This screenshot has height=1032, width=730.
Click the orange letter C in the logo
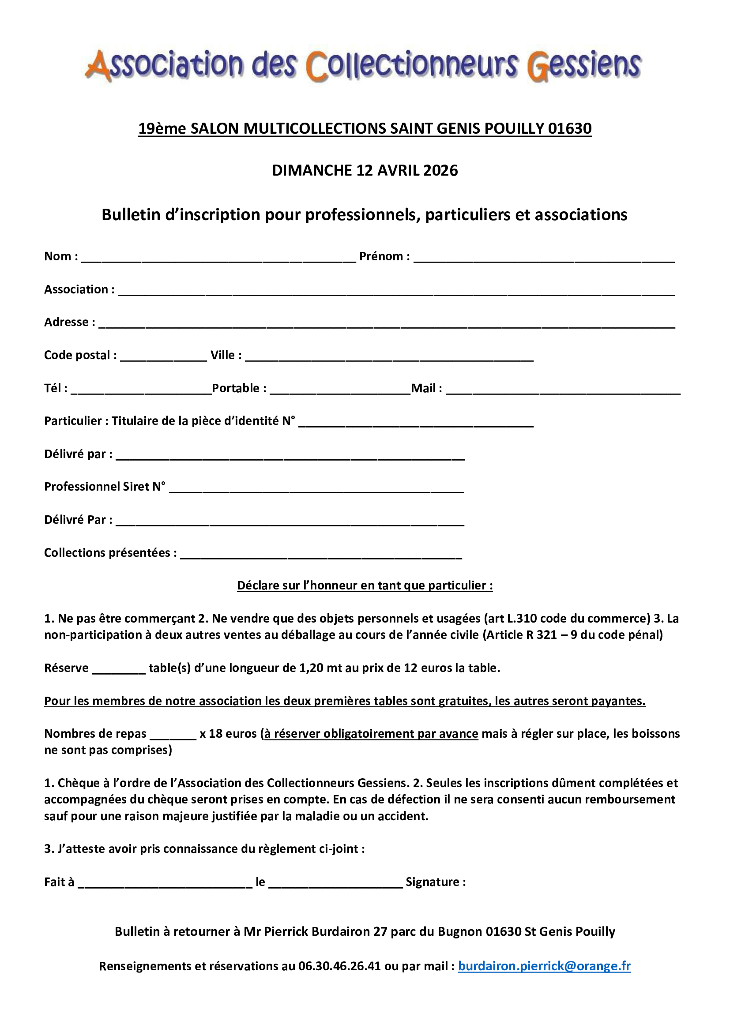(x=316, y=67)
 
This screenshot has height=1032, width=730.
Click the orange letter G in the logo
(x=538, y=67)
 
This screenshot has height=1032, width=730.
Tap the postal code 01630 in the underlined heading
(x=569, y=129)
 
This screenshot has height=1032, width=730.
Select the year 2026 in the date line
(x=440, y=171)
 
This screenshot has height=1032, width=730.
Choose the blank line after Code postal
(x=164, y=358)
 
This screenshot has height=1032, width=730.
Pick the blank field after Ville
(x=389, y=358)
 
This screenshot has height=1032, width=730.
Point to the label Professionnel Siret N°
(x=105, y=487)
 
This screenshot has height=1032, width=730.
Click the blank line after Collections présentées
(x=321, y=555)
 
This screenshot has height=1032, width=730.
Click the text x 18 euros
(x=228, y=734)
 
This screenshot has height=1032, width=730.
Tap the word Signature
(x=433, y=882)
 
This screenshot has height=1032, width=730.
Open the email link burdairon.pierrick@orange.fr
(x=544, y=966)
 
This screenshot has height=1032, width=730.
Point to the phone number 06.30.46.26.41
(x=339, y=966)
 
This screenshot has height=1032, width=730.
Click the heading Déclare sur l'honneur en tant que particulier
(x=365, y=585)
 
